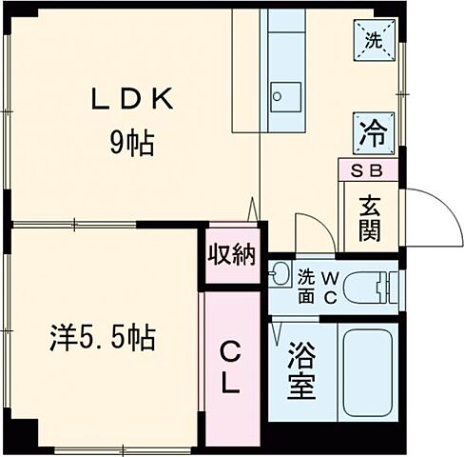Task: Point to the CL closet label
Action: click(x=232, y=369)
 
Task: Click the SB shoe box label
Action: click(x=369, y=172)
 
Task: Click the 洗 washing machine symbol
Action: click(x=375, y=40)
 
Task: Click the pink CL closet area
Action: click(x=232, y=400)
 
